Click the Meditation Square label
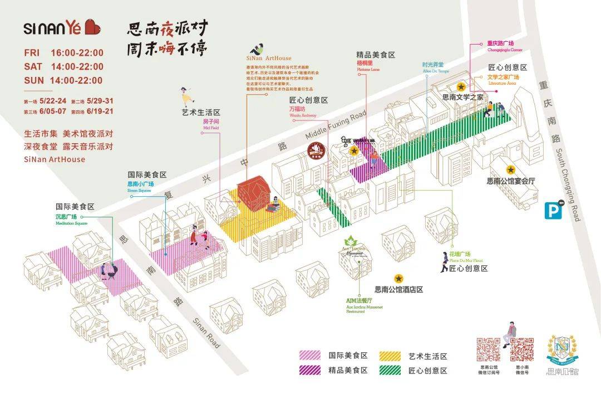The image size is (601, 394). click(71, 223)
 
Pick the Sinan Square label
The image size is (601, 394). click(140, 191)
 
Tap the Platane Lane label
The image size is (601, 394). click(368, 69)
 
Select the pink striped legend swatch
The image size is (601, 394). click(311, 355)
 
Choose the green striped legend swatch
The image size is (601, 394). click(391, 370)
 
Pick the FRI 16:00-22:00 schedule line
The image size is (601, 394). click(64, 53)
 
